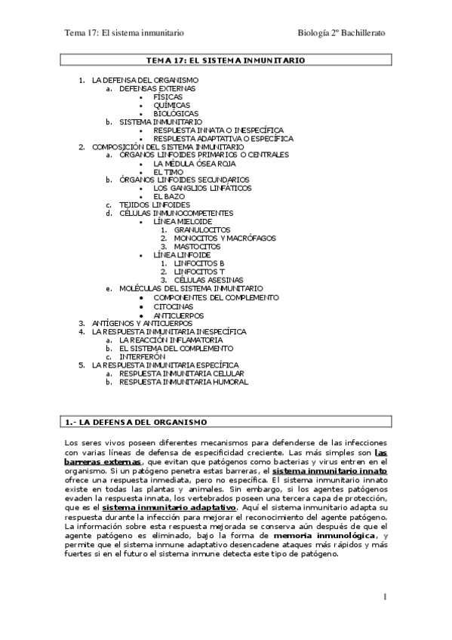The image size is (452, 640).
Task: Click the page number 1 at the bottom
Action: click(x=384, y=598)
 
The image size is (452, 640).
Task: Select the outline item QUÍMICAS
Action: click(x=171, y=105)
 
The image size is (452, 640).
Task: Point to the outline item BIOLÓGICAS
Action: click(x=175, y=113)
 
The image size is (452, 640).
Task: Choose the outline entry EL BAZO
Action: click(x=169, y=196)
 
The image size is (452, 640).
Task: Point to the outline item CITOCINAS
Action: click(x=173, y=306)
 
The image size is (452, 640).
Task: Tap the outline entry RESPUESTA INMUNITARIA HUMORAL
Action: click(x=183, y=382)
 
